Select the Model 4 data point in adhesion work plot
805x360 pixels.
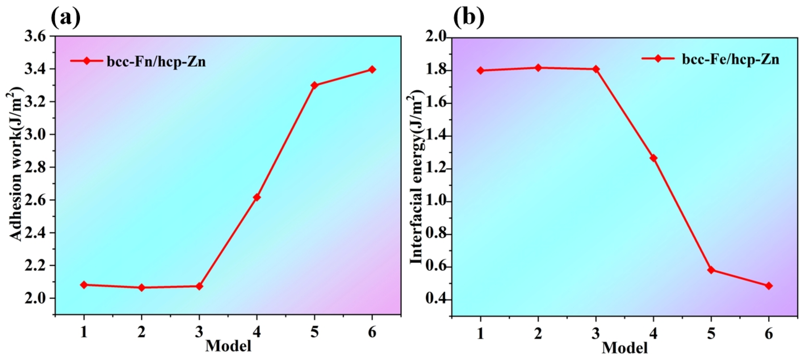point(257,197)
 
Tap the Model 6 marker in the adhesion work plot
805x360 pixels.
point(372,69)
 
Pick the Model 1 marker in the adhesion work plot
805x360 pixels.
point(84,285)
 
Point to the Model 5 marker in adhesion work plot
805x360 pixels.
point(314,85)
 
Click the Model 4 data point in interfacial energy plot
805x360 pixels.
point(653,158)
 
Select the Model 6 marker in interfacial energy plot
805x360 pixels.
point(769,286)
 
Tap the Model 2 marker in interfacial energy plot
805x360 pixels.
point(538,68)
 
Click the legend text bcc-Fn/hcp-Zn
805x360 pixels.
point(156,61)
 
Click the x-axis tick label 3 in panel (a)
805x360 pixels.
point(199,333)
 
